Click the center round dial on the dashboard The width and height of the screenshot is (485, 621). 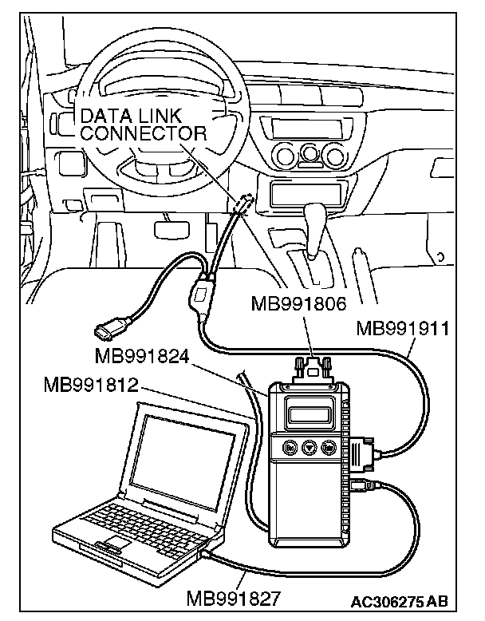click(309, 153)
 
